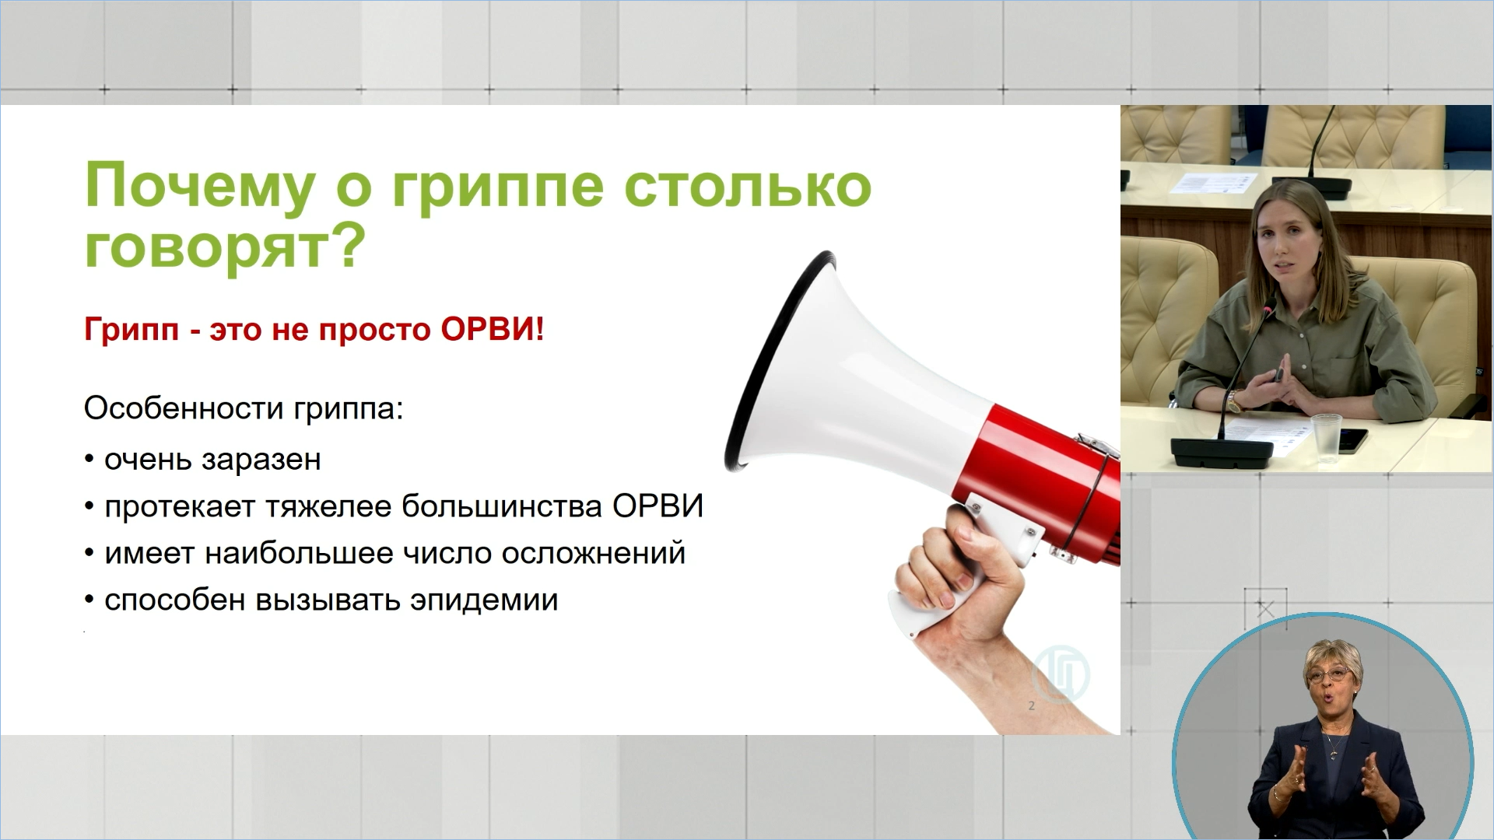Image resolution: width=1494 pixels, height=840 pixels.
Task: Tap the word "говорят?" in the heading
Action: pyautogui.click(x=224, y=247)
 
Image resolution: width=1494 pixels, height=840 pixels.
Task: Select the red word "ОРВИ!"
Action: pyautogui.click(x=493, y=330)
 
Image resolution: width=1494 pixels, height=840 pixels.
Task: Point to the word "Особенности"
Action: pyautogui.click(x=184, y=408)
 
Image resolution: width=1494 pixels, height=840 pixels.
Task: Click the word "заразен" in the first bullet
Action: pyautogui.click(x=261, y=460)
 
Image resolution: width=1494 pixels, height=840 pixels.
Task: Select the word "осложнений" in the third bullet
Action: pyautogui.click(x=593, y=554)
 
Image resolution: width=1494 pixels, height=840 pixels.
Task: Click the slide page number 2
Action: pyautogui.click(x=1032, y=706)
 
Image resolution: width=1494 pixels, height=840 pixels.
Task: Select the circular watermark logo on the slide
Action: pyautogui.click(x=1061, y=674)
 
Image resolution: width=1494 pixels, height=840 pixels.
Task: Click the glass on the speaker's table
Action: pyautogui.click(x=1325, y=439)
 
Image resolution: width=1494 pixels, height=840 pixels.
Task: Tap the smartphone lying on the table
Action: pyautogui.click(x=1353, y=440)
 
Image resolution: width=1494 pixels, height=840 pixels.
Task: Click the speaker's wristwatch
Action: pyautogui.click(x=1234, y=401)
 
